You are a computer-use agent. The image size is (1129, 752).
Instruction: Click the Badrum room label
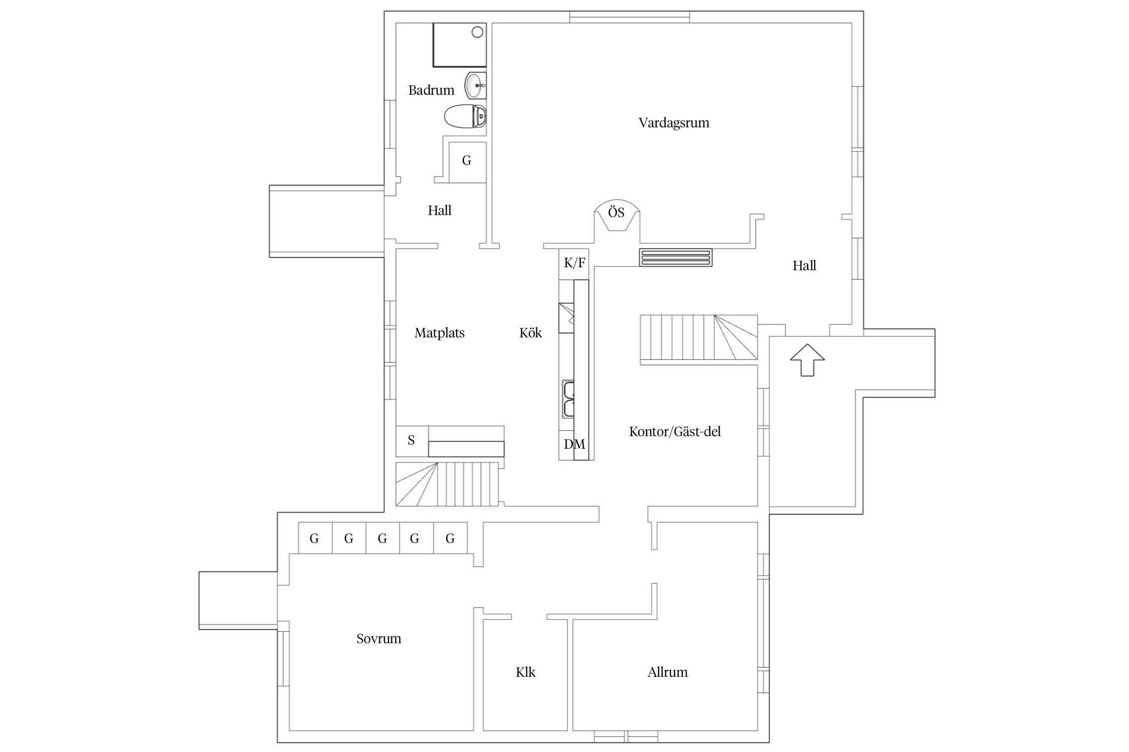click(x=431, y=90)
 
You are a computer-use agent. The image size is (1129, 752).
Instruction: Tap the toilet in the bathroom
click(x=465, y=116)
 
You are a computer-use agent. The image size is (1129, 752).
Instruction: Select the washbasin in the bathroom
click(x=475, y=86)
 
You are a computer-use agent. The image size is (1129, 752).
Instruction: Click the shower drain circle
click(x=477, y=33)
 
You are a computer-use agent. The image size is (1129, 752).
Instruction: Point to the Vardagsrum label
click(x=673, y=123)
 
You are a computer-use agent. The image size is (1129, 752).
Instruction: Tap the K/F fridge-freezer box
click(x=574, y=263)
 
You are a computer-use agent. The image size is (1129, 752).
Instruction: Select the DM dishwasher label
click(x=574, y=444)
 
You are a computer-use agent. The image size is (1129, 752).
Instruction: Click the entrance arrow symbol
click(x=807, y=359)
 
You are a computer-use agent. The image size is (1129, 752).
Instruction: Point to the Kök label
click(x=530, y=333)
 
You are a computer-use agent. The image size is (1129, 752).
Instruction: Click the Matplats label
click(x=440, y=333)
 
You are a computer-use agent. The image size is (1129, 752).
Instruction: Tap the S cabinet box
click(x=412, y=441)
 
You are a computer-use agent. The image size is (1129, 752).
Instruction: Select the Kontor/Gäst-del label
click(x=674, y=432)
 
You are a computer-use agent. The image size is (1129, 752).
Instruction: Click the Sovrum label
click(x=379, y=639)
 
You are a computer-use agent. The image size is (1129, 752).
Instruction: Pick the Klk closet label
click(x=525, y=672)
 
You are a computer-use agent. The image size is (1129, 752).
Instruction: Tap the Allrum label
click(x=667, y=672)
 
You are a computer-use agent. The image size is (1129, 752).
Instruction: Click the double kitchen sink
click(x=569, y=399)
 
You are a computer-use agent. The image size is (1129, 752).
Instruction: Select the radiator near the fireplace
click(x=675, y=258)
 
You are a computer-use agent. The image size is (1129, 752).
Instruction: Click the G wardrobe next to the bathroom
click(x=467, y=161)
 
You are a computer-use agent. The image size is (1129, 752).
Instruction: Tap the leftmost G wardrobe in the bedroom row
click(x=315, y=538)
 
